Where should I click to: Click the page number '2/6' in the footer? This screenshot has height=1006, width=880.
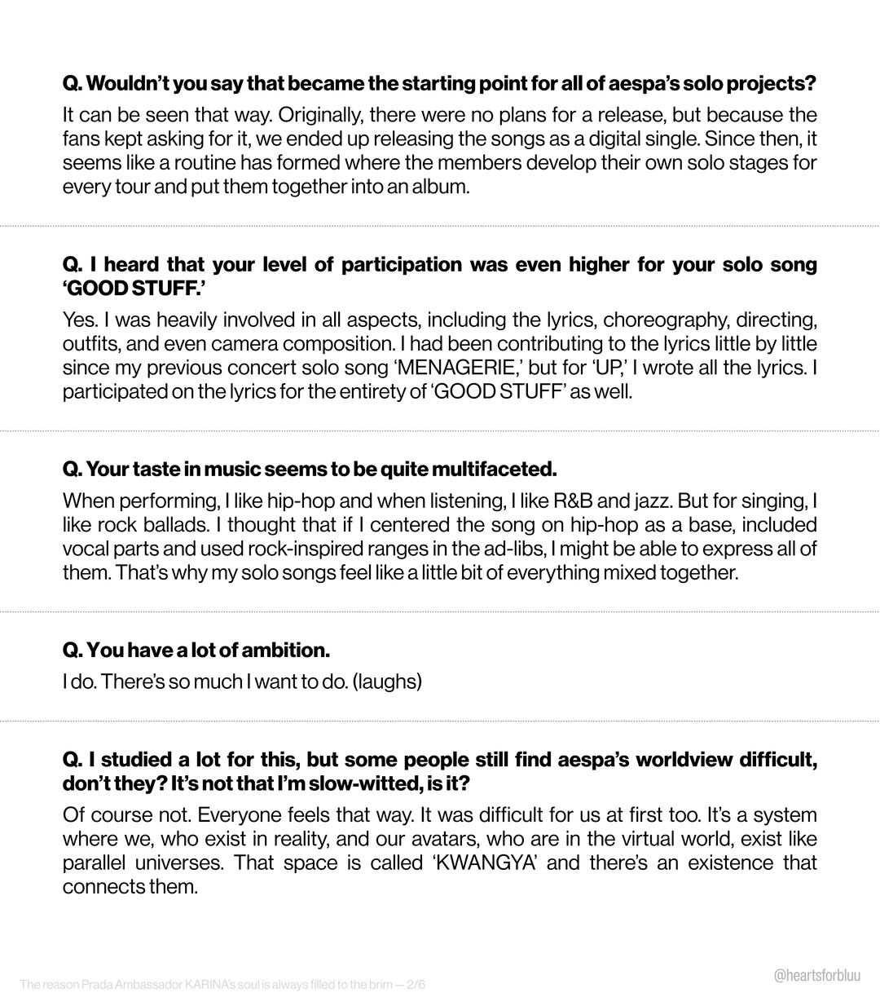415,985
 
